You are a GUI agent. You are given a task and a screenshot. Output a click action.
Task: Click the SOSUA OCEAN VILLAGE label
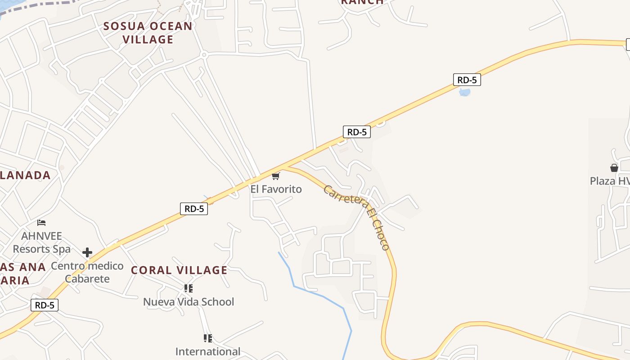(148, 32)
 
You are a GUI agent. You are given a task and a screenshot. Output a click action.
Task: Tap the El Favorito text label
(276, 189)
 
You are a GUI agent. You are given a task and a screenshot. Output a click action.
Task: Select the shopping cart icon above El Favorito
(276, 176)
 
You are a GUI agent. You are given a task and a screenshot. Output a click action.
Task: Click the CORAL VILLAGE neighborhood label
(179, 270)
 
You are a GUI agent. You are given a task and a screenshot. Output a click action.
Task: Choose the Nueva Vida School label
(189, 301)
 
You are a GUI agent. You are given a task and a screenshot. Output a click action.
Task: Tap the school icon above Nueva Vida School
(189, 288)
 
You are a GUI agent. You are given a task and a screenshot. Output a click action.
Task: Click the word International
(208, 351)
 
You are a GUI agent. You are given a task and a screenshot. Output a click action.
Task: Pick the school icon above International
(207, 338)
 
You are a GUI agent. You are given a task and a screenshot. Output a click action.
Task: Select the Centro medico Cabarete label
(87, 272)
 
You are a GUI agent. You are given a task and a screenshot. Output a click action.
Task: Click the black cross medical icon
(87, 252)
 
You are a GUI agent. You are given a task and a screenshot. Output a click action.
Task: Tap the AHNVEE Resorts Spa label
(41, 242)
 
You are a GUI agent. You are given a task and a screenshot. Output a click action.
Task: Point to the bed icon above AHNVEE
(41, 222)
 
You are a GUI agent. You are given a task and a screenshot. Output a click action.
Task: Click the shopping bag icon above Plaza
(614, 168)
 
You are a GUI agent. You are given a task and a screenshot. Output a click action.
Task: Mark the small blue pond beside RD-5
(464, 93)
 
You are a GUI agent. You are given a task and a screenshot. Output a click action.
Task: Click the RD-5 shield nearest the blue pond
(467, 80)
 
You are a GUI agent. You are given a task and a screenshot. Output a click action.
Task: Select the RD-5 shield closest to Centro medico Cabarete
(45, 305)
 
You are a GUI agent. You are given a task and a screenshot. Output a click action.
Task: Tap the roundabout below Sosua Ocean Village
(204, 55)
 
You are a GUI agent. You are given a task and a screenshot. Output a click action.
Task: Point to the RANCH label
(362, 2)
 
